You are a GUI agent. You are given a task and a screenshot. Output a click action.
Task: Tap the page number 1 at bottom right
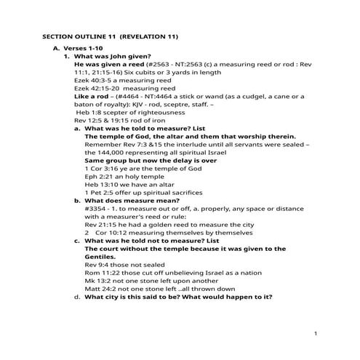(x=317, y=333)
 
